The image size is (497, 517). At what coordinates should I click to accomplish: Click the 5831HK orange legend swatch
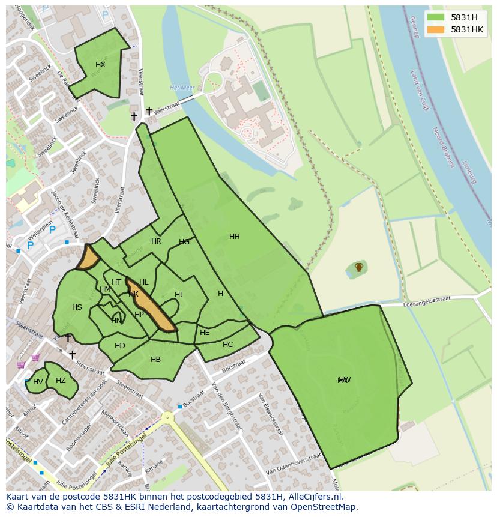[x=436, y=29]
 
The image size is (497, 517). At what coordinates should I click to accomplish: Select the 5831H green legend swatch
[x=436, y=17]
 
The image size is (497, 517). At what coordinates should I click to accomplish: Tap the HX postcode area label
[x=100, y=65]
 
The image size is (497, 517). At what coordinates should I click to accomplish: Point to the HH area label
[x=235, y=237]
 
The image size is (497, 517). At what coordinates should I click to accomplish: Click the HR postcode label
[x=156, y=241]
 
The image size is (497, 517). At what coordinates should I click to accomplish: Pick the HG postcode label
[x=184, y=242]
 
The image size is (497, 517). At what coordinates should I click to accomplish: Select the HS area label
[x=77, y=307]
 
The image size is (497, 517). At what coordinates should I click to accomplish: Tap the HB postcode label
[x=156, y=360]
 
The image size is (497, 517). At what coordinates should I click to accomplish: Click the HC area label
[x=227, y=345]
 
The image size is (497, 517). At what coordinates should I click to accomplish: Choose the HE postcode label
[x=205, y=333]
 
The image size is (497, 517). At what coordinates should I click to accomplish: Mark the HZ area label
[x=61, y=381]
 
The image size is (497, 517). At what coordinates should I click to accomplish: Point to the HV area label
[x=38, y=382]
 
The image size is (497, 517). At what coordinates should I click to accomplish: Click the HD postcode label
[x=120, y=346]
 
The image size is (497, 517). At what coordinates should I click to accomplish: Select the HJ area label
[x=179, y=295]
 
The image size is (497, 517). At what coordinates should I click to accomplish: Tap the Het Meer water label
[x=182, y=88]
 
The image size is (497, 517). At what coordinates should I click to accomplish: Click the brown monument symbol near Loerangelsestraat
[x=359, y=267]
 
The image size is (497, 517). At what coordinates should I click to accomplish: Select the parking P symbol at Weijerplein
[x=52, y=229]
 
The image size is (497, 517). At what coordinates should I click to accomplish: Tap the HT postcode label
[x=116, y=282]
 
